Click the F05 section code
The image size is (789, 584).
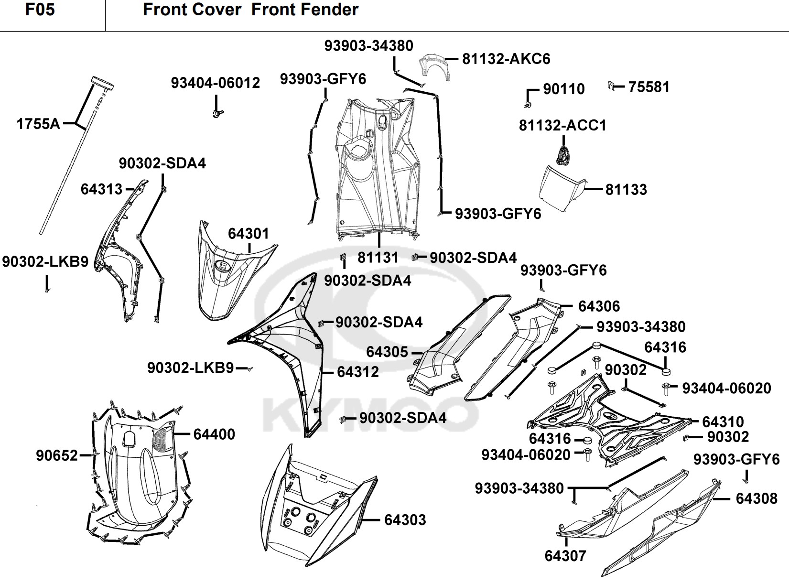[x=40, y=10]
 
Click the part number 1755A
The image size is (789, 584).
[x=38, y=124]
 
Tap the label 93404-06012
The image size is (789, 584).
[x=216, y=83]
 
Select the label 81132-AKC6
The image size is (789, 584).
[x=506, y=59]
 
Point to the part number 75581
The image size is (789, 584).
[x=649, y=87]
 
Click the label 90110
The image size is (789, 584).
[x=564, y=89]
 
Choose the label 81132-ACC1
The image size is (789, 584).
[x=562, y=125]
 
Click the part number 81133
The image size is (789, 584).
[x=626, y=189]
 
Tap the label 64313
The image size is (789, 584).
[x=102, y=189]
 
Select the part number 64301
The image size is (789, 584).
[x=249, y=234]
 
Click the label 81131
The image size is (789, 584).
[x=378, y=258]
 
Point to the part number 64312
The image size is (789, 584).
[x=358, y=372]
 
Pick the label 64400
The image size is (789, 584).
[x=214, y=434]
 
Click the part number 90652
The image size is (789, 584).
[x=57, y=455]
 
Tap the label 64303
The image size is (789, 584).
[x=405, y=519]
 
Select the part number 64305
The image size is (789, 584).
[x=387, y=352]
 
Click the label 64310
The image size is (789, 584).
[x=723, y=422]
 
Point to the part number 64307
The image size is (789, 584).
[x=565, y=556]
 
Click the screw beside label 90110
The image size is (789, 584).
[x=527, y=103]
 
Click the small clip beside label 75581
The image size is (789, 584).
[x=611, y=86]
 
